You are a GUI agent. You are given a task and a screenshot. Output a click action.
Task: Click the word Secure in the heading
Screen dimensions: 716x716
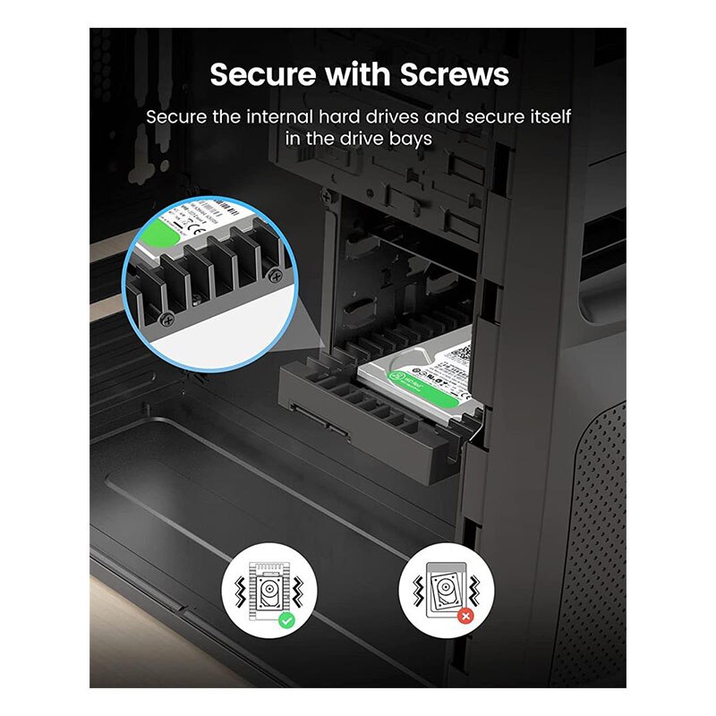coord(259,75)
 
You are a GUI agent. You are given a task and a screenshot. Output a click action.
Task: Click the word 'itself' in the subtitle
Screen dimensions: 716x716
coord(548,117)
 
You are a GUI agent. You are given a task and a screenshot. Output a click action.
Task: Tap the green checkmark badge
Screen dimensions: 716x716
coord(286,618)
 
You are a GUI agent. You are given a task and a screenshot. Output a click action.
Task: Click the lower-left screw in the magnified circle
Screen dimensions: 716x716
coord(167,318)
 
